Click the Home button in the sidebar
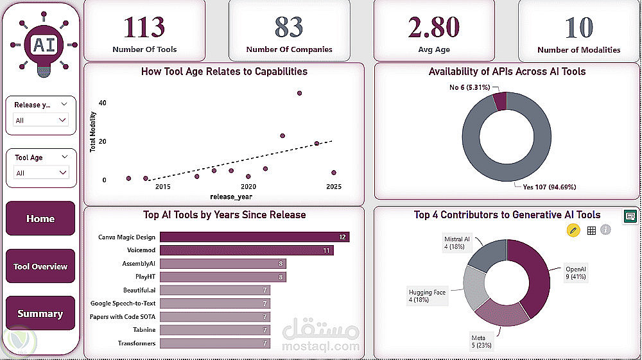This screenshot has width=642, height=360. [40, 219]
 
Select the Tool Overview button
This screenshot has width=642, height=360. [40, 266]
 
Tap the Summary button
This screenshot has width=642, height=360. [40, 314]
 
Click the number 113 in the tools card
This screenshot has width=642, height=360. [144, 28]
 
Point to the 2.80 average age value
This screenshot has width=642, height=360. [434, 28]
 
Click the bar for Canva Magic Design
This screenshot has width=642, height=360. [254, 237]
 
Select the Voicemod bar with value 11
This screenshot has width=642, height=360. [246, 250]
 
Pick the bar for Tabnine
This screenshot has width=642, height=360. [215, 330]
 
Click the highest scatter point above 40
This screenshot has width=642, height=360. [299, 93]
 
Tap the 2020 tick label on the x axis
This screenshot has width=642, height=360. [248, 187]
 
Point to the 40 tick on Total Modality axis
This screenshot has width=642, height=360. [103, 103]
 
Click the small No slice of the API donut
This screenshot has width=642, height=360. [500, 101]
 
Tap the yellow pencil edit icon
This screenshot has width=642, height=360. [573, 230]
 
